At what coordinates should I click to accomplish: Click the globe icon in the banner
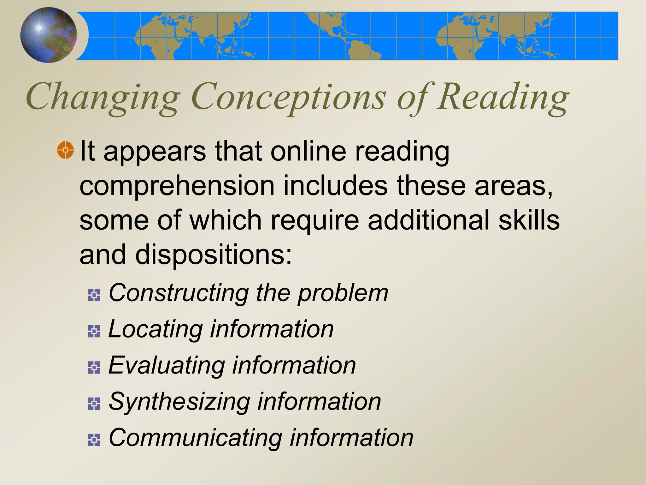(49, 35)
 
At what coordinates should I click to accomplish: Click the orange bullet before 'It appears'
(65, 150)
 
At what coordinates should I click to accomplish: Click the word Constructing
(179, 293)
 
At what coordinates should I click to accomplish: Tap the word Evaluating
(166, 365)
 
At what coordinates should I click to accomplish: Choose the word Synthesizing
(179, 402)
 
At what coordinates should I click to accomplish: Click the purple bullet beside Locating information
(94, 331)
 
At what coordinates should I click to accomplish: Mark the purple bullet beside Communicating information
(94, 440)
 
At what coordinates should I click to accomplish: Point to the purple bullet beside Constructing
(94, 295)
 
